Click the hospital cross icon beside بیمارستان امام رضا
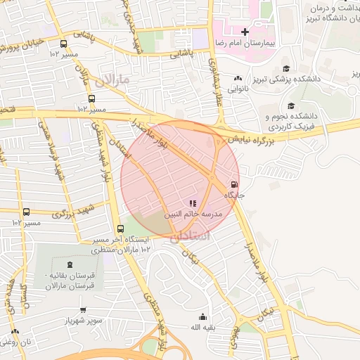(245, 32)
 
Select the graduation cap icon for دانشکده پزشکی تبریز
(286, 68)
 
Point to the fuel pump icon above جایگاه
(234, 185)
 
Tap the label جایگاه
(234, 195)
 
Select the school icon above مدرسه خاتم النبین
(193, 203)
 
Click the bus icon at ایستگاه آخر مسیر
(120, 229)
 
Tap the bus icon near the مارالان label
(92, 99)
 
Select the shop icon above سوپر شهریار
(84, 309)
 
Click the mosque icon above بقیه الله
(203, 316)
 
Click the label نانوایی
(238, 89)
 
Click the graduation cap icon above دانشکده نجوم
(291, 105)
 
